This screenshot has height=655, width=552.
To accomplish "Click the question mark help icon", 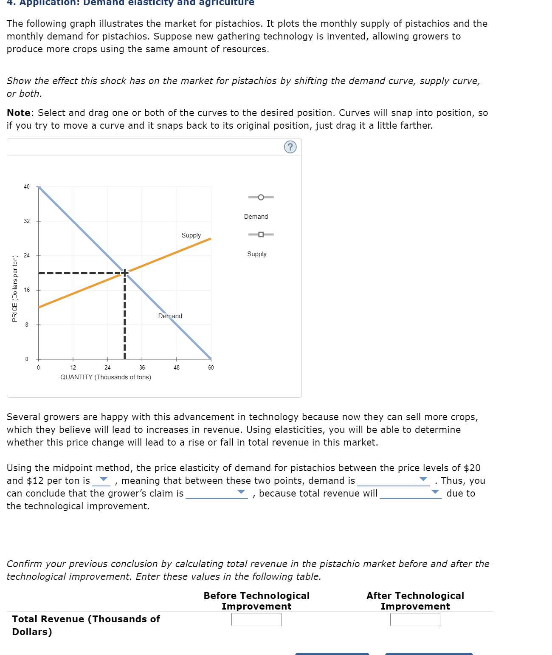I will point(290,147).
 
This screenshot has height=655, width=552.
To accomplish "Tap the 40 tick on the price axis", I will point(27,187).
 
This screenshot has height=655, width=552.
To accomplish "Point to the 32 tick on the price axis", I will point(27,221).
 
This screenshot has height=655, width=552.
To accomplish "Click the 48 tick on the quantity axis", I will point(177,367).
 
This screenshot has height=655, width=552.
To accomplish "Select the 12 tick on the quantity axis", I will point(73,367).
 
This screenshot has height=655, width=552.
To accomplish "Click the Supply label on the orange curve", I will point(191,235).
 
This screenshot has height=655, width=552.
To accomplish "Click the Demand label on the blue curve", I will point(170,316).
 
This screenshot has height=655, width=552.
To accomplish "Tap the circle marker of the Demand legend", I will point(261,197).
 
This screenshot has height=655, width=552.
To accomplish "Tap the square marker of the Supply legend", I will point(261,234).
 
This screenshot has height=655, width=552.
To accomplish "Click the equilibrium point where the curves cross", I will point(125,272).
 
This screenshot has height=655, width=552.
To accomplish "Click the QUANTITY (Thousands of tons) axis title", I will point(106,377).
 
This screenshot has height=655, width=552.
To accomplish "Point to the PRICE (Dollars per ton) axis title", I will point(15,288).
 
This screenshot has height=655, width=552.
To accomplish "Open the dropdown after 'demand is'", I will point(394,480).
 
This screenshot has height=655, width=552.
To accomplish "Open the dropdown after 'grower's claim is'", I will point(217,493).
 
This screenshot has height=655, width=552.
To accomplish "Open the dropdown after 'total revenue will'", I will point(411,493).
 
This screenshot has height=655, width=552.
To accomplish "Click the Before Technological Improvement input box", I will point(256,619).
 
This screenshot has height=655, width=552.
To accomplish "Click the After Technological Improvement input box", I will point(415,619).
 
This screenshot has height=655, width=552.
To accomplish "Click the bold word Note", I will point(19,113).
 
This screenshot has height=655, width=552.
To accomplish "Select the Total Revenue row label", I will point(86,625).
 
